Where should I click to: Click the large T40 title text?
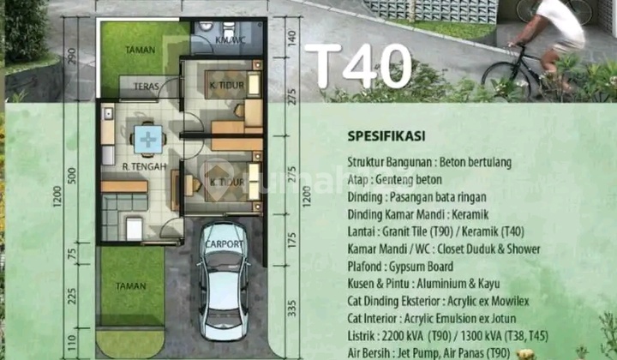click(357, 66)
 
